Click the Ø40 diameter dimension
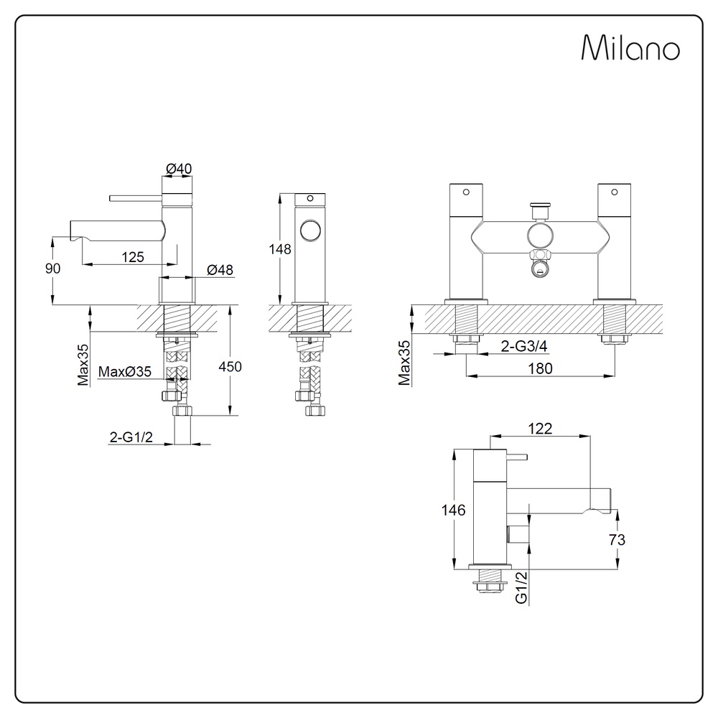click(179, 168)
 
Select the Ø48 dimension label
click(220, 270)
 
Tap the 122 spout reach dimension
click(539, 428)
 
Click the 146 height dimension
click(453, 510)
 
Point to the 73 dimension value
click(615, 540)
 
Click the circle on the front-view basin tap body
click(311, 231)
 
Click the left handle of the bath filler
click(467, 202)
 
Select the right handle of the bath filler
click(614, 202)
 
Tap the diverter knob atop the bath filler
click(539, 209)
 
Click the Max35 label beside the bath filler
click(404, 363)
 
